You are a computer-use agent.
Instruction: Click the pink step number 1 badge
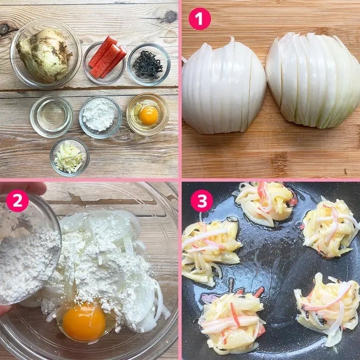point(200,19)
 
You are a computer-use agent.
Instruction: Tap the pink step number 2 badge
point(17,201)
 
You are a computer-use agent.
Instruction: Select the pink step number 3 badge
point(202,201)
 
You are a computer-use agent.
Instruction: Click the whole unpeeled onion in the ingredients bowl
point(45,55)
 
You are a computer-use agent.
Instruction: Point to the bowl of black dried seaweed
point(149,64)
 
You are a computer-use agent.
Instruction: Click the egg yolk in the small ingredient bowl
point(149,115)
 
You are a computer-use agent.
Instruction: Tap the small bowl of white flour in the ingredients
point(100,117)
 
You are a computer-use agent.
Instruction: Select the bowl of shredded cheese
point(69,157)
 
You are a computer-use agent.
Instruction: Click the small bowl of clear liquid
point(51,116)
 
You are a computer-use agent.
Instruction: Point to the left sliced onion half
point(223,86)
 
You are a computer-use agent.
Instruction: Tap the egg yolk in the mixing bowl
point(84,321)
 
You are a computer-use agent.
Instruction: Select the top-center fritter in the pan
point(265,203)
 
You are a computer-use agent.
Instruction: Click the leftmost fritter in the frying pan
point(210,250)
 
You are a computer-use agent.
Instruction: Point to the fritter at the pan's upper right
point(331,228)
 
